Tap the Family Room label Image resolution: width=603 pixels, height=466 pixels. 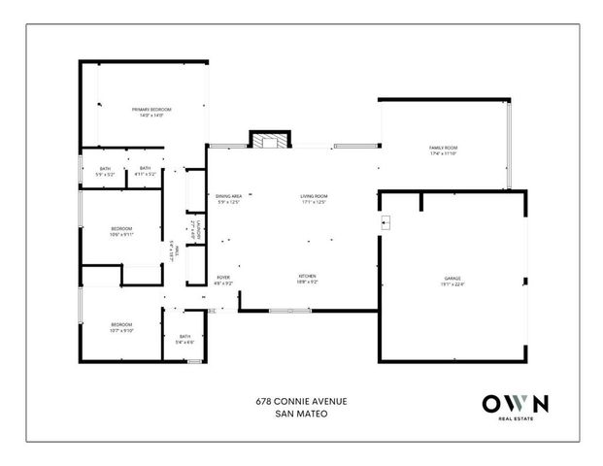pyautogui.click(x=442, y=150)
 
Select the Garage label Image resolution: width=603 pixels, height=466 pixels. pyautogui.click(x=452, y=281)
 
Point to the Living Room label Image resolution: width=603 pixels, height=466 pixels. pyautogui.click(x=314, y=199)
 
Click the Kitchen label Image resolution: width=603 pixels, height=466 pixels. pyautogui.click(x=308, y=279)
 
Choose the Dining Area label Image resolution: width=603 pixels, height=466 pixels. pyautogui.click(x=228, y=199)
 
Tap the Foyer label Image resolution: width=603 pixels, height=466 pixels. pyautogui.click(x=223, y=280)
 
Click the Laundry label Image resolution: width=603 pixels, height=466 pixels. pyautogui.click(x=194, y=232)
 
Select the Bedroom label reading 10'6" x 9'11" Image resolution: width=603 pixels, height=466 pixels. pyautogui.click(x=121, y=231)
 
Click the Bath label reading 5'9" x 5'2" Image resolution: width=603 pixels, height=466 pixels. pyautogui.click(x=106, y=172)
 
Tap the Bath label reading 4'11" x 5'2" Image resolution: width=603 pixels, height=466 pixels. pyautogui.click(x=145, y=171)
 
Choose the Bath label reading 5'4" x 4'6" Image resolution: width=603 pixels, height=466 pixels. pyautogui.click(x=184, y=339)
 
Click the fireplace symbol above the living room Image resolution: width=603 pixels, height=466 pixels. pyautogui.click(x=269, y=141)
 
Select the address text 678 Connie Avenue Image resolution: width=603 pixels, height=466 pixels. pyautogui.click(x=297, y=401)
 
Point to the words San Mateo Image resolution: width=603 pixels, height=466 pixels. pyautogui.click(x=297, y=414)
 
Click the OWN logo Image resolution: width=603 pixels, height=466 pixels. pyautogui.click(x=516, y=402)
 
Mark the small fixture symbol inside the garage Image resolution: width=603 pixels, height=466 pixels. pyautogui.click(x=386, y=222)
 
